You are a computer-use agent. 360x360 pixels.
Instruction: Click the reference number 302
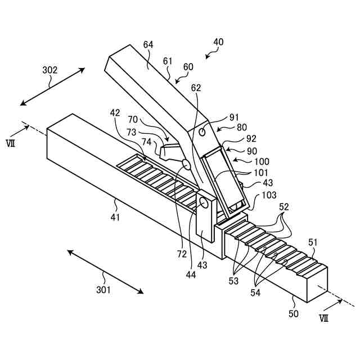pyautogui.click(x=50, y=70)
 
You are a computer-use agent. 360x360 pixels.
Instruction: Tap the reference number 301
pyautogui.click(x=103, y=290)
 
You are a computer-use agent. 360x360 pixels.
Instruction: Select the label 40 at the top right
pyautogui.click(x=218, y=42)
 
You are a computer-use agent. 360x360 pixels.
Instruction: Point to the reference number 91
pyautogui.click(x=235, y=118)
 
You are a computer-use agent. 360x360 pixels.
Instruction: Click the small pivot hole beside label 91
pyautogui.click(x=202, y=132)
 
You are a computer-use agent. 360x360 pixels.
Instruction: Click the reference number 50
pyautogui.click(x=294, y=314)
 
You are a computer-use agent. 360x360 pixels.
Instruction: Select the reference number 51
pyautogui.click(x=312, y=242)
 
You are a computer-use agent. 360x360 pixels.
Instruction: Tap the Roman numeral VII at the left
pyautogui.click(x=10, y=143)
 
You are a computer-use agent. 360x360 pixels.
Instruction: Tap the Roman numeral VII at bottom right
pyautogui.click(x=324, y=318)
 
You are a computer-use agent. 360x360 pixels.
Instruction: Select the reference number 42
pyautogui.click(x=115, y=113)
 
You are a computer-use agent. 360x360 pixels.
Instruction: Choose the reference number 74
pyautogui.click(x=146, y=142)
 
